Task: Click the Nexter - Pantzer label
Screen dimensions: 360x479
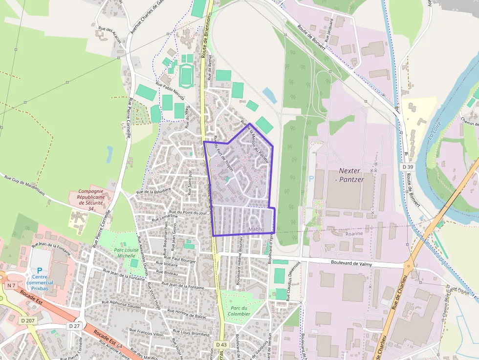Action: pos(350,175)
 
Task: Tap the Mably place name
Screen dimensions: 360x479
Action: pos(256,229)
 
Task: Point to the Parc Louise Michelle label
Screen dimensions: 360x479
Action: pos(125,253)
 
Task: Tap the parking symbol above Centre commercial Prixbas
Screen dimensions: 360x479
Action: pos(40,270)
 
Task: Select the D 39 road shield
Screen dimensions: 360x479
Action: pos(408,167)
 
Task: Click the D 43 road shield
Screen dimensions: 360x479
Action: pos(221,344)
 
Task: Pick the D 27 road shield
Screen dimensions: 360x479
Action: pos(74,325)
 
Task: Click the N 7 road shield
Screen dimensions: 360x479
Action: pos(12,285)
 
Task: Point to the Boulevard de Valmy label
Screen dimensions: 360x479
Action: pos(351,263)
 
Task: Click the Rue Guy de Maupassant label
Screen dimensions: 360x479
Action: pos(24,185)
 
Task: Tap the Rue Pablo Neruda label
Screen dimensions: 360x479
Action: pos(170,91)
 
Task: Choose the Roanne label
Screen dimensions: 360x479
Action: pos(354,233)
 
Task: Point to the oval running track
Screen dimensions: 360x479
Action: pos(186,75)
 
